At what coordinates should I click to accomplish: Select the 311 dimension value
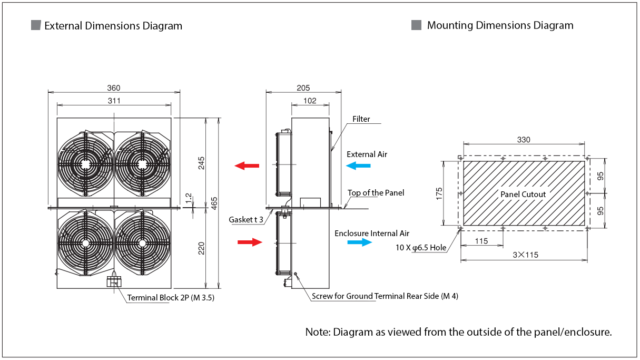coord(114,101)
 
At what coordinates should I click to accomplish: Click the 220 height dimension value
coord(201,248)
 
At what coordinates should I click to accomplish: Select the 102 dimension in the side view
coord(310,101)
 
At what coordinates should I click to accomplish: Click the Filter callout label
coord(361,119)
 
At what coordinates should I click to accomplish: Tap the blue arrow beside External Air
coord(359,166)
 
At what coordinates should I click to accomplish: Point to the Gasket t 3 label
coord(246,219)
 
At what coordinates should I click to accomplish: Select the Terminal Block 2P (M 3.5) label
coord(171,298)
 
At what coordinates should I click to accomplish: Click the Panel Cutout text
coord(523,194)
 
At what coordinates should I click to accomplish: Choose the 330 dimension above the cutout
coord(524,140)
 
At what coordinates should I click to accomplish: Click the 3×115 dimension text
coord(525,255)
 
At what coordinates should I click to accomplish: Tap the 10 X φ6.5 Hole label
coord(420,247)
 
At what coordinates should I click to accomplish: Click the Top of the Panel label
coord(376,193)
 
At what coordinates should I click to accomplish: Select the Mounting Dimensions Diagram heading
coord(500,25)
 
